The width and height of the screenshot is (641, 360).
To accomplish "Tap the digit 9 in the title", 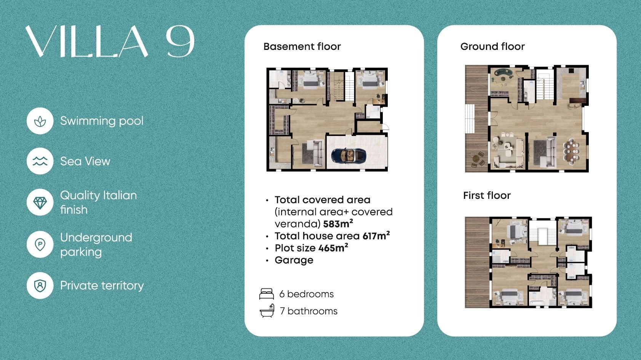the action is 180,42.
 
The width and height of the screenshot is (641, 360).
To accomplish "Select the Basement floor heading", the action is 302,46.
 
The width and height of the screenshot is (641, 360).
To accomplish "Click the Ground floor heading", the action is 492,46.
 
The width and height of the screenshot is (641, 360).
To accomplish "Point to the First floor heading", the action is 487,195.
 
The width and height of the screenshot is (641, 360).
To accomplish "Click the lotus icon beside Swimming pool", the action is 40,121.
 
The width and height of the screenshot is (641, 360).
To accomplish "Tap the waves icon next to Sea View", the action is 40,162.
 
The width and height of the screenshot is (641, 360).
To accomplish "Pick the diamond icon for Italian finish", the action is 40,202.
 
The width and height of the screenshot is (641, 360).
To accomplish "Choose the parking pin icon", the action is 40,245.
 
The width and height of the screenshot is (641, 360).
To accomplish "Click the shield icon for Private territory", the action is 40,286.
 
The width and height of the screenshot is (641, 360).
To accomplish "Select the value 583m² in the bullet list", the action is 338,224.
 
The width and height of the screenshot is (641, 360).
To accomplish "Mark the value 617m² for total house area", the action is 376,236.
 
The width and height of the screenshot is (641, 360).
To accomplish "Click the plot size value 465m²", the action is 333,248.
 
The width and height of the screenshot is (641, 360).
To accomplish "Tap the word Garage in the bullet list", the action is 294,260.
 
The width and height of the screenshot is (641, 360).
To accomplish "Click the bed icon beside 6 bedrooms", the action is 266,294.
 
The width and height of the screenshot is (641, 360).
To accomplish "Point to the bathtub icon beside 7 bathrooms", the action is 267,311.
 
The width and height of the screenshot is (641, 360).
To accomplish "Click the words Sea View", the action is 85,162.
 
